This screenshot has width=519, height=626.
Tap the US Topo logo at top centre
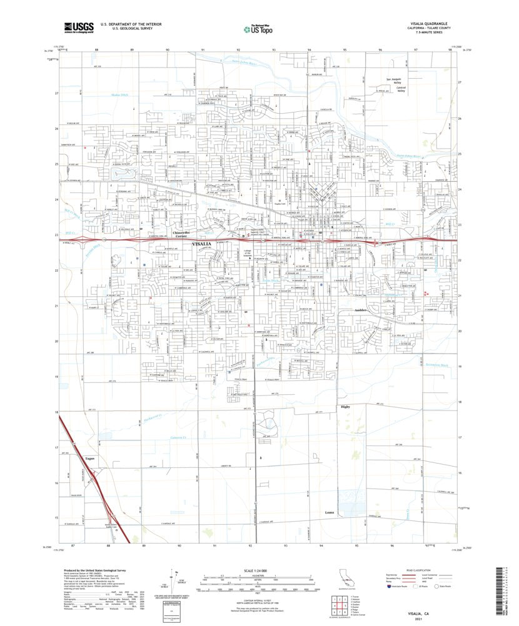tap(256, 28)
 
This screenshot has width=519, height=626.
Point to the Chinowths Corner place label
tap(181, 234)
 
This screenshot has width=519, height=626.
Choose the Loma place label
tap(330, 513)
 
